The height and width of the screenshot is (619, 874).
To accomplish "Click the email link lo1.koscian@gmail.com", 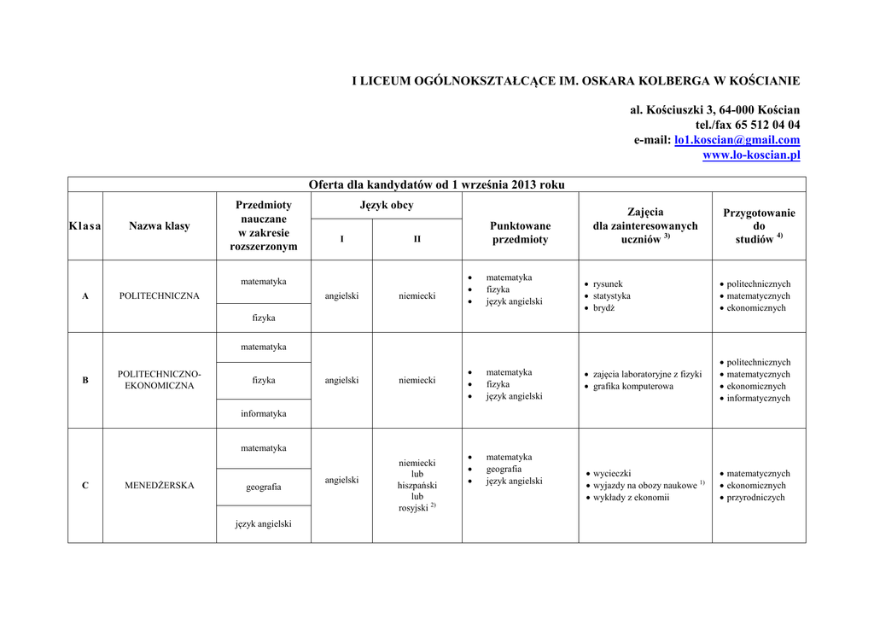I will point(737,140).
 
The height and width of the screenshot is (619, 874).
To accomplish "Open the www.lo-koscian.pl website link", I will point(751,155).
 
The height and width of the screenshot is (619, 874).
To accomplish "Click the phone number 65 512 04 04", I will point(767,125).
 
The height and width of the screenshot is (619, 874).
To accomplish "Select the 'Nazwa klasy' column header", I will point(160,226).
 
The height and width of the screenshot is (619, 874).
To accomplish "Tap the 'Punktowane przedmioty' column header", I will point(520,232).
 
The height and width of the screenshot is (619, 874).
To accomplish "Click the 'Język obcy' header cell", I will point(386,206).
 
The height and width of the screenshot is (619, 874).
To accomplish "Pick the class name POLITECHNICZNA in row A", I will point(160,296).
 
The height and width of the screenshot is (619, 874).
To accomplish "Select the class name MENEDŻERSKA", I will point(160,486).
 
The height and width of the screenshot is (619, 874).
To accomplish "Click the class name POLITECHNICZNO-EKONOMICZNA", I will point(160,380).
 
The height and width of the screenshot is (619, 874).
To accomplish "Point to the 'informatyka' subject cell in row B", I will point(263,414).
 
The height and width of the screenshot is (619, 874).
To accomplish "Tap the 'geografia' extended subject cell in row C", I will point(263,487).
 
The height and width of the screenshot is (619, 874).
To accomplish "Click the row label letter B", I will point(85,380).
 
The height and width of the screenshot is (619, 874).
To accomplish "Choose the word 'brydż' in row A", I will point(603,308).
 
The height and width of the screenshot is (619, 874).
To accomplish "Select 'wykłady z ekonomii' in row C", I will point(631,498).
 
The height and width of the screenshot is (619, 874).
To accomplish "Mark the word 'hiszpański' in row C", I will point(417,486).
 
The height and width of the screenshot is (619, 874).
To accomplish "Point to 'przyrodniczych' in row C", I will point(755,498).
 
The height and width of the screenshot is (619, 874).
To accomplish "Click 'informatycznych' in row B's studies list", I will point(758,399).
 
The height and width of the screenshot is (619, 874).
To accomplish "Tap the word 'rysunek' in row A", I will point(608,284).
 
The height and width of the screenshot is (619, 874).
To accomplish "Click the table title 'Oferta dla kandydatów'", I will point(436,184).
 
